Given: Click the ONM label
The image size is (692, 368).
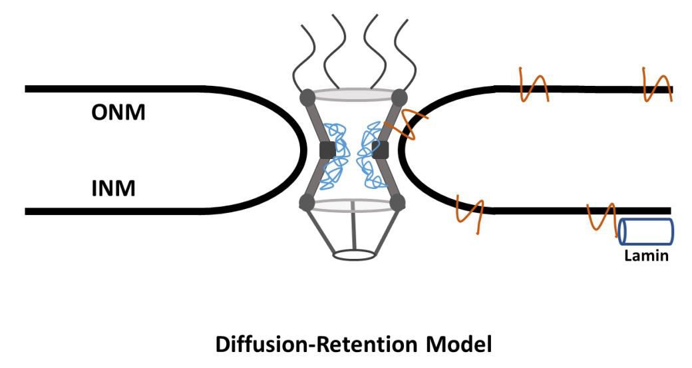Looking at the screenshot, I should [118, 112].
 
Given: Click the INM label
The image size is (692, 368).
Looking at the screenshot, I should [113, 188].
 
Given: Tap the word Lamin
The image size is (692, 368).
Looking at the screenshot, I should [646, 255].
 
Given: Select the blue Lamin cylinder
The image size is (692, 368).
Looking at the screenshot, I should [646, 232].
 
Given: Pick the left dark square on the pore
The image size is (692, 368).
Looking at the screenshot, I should [327, 150].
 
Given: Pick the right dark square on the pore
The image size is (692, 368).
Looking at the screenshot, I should [381, 150].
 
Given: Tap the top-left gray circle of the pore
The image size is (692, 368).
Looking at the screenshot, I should [308, 97].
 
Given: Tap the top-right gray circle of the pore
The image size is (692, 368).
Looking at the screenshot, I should [399, 97].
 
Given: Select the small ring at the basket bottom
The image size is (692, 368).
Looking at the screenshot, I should [353, 255].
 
